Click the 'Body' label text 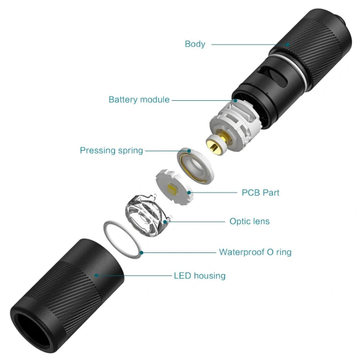point(195,44)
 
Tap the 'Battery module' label point(139,100)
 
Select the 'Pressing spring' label point(111,150)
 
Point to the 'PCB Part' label point(260,193)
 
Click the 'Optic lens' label point(249,221)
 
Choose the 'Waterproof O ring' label point(255,252)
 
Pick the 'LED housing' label point(199,276)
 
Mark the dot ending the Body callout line point(288,44)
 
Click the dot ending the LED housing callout point(96,276)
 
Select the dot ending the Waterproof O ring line point(141,252)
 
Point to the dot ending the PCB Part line point(190,193)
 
